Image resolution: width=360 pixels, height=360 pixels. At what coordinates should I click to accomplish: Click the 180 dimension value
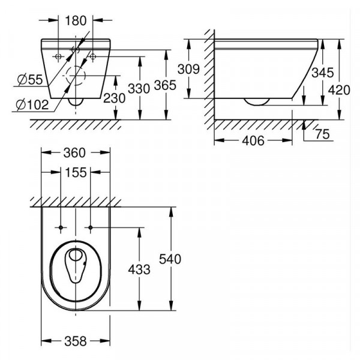[76, 20]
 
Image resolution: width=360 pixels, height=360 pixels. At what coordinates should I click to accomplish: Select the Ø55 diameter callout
[30, 80]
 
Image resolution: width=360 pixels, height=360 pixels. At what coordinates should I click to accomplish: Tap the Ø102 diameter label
[32, 105]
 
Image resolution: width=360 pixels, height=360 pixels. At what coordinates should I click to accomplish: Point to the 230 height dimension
[115, 98]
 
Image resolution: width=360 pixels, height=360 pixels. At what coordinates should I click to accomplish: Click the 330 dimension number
[139, 89]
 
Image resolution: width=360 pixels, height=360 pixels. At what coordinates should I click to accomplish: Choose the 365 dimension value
[165, 85]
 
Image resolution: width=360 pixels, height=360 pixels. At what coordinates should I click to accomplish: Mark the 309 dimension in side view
[189, 69]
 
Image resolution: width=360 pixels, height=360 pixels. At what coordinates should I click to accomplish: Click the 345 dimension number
[323, 73]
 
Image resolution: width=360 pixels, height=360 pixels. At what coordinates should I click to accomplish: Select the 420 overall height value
[339, 90]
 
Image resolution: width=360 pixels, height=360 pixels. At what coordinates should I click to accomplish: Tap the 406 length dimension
[253, 140]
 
